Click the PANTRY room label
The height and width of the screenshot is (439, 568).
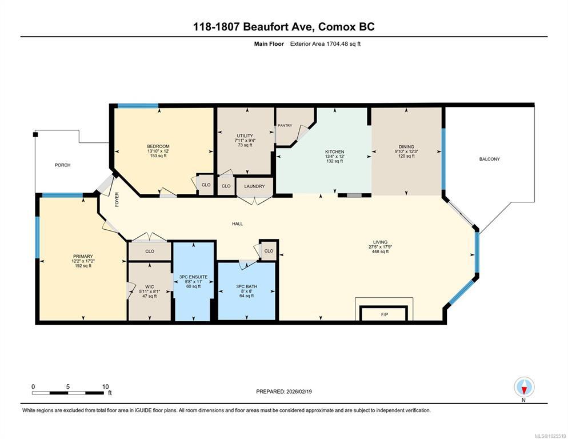tap(285, 125)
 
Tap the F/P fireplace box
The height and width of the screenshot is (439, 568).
tap(385, 313)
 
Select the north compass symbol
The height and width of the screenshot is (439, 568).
tap(524, 387)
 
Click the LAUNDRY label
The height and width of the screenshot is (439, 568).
tap(254, 186)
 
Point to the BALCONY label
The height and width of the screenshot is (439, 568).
tap(489, 159)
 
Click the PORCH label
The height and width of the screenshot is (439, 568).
tap(63, 165)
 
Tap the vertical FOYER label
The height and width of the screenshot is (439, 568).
tap(117, 199)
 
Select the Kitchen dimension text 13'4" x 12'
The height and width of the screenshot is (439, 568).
tap(334, 157)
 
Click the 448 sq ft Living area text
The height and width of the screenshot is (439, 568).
tap(381, 252)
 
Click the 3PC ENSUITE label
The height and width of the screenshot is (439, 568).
tap(194, 277)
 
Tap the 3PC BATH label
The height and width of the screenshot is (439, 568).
tap(246, 286)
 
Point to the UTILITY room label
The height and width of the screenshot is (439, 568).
tap(245, 135)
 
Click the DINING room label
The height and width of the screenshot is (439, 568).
tap(406, 147)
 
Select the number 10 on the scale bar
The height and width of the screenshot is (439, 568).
tap(105, 387)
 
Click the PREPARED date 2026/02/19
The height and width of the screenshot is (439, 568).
tap(299, 392)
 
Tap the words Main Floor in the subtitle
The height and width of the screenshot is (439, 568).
tap(269, 44)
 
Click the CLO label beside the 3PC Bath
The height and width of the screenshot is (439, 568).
tap(269, 251)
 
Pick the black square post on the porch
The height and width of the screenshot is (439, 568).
tap(35, 134)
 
